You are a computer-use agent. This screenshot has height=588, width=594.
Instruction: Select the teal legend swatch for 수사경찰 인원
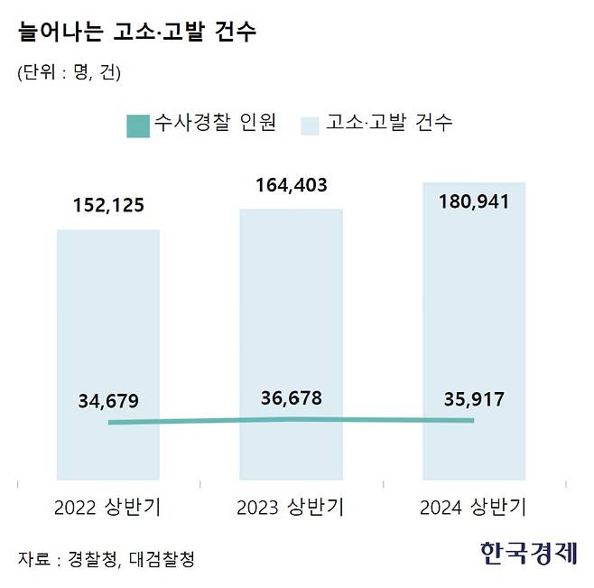coord(137,124)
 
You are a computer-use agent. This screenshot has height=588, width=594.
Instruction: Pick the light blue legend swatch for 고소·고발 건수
coord(311,124)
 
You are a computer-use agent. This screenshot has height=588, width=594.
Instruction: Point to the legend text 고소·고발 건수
coord(389,123)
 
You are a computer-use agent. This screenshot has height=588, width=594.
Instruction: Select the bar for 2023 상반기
coord(291,307)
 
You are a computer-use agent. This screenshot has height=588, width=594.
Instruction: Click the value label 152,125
coord(108,206)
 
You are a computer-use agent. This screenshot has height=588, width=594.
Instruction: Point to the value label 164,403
coord(291,187)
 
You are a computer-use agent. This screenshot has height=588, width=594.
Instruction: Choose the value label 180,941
coord(474,201)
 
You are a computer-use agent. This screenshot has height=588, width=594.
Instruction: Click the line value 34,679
coord(108,400)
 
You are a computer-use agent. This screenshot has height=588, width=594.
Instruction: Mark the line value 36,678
coord(291,397)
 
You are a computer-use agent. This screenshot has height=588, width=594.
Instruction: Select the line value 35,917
coord(474,399)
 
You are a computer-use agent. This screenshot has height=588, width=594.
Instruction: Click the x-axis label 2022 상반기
coord(108,507)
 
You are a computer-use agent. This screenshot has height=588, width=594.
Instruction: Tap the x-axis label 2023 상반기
coord(291,507)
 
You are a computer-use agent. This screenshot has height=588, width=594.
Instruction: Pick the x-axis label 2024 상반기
coord(474,507)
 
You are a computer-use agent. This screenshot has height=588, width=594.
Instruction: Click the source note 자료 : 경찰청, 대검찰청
coord(106,558)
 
